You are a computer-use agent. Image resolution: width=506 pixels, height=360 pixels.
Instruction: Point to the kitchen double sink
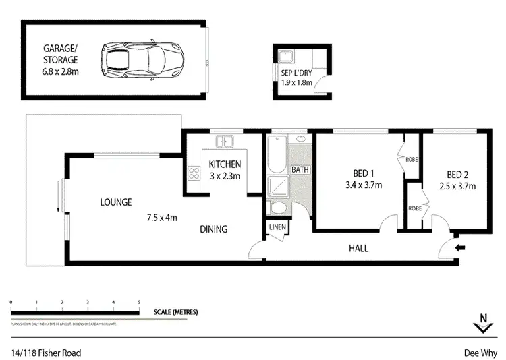224,142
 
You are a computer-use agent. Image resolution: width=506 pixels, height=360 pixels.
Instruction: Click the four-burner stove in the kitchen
194,172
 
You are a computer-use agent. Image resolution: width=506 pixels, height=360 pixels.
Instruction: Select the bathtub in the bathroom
277,155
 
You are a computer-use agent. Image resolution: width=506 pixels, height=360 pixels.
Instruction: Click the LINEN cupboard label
277,228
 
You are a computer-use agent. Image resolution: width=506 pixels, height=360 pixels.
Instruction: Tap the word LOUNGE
115,202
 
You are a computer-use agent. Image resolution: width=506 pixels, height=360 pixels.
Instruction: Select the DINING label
213,229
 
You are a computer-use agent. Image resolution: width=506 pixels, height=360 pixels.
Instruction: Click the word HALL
358,248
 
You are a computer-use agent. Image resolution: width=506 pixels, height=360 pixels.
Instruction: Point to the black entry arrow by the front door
461,248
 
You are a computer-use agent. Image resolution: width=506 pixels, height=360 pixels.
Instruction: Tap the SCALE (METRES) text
176,312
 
